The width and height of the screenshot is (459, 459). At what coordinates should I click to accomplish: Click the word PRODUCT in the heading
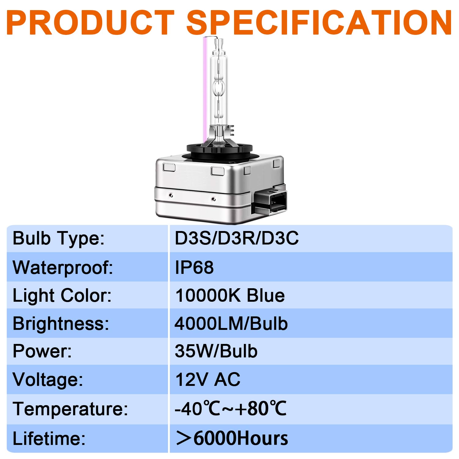(90, 22)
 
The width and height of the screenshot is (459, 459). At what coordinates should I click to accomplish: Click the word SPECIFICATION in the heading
(319, 22)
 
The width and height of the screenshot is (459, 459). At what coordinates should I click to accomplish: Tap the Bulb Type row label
(58, 239)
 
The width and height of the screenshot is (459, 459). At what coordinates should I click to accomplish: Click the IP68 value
(194, 267)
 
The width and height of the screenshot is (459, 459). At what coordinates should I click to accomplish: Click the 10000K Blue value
(230, 296)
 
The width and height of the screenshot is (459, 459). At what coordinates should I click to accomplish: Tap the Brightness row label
(61, 324)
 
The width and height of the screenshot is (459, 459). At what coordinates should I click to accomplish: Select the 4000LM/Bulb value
(231, 324)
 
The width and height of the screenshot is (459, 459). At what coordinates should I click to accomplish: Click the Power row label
(42, 351)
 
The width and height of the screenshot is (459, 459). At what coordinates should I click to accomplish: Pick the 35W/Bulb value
(216, 351)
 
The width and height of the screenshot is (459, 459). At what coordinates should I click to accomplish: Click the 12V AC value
(207, 380)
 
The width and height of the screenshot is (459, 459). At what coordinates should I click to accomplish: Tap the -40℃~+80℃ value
(230, 408)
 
